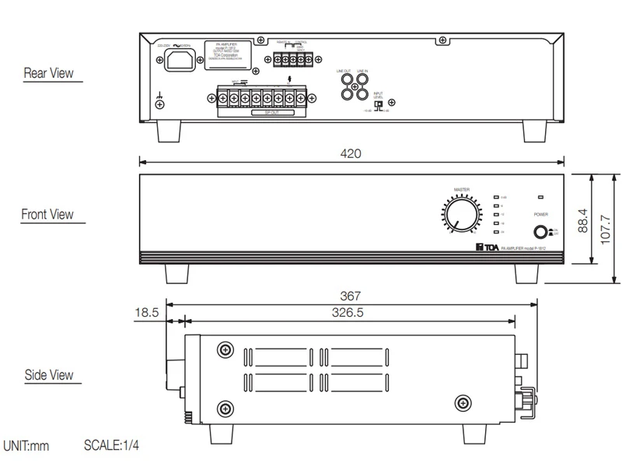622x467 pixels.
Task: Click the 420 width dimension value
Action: [x=351, y=153]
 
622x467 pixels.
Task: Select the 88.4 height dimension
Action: [x=582, y=221]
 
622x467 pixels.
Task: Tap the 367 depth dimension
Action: [x=351, y=297]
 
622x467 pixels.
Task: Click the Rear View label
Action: [x=48, y=73]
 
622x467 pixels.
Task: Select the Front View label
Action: [x=47, y=214]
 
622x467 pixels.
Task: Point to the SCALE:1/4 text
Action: [x=111, y=446]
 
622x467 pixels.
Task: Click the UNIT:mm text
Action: [x=26, y=446]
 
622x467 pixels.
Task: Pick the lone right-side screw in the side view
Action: [x=462, y=402]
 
